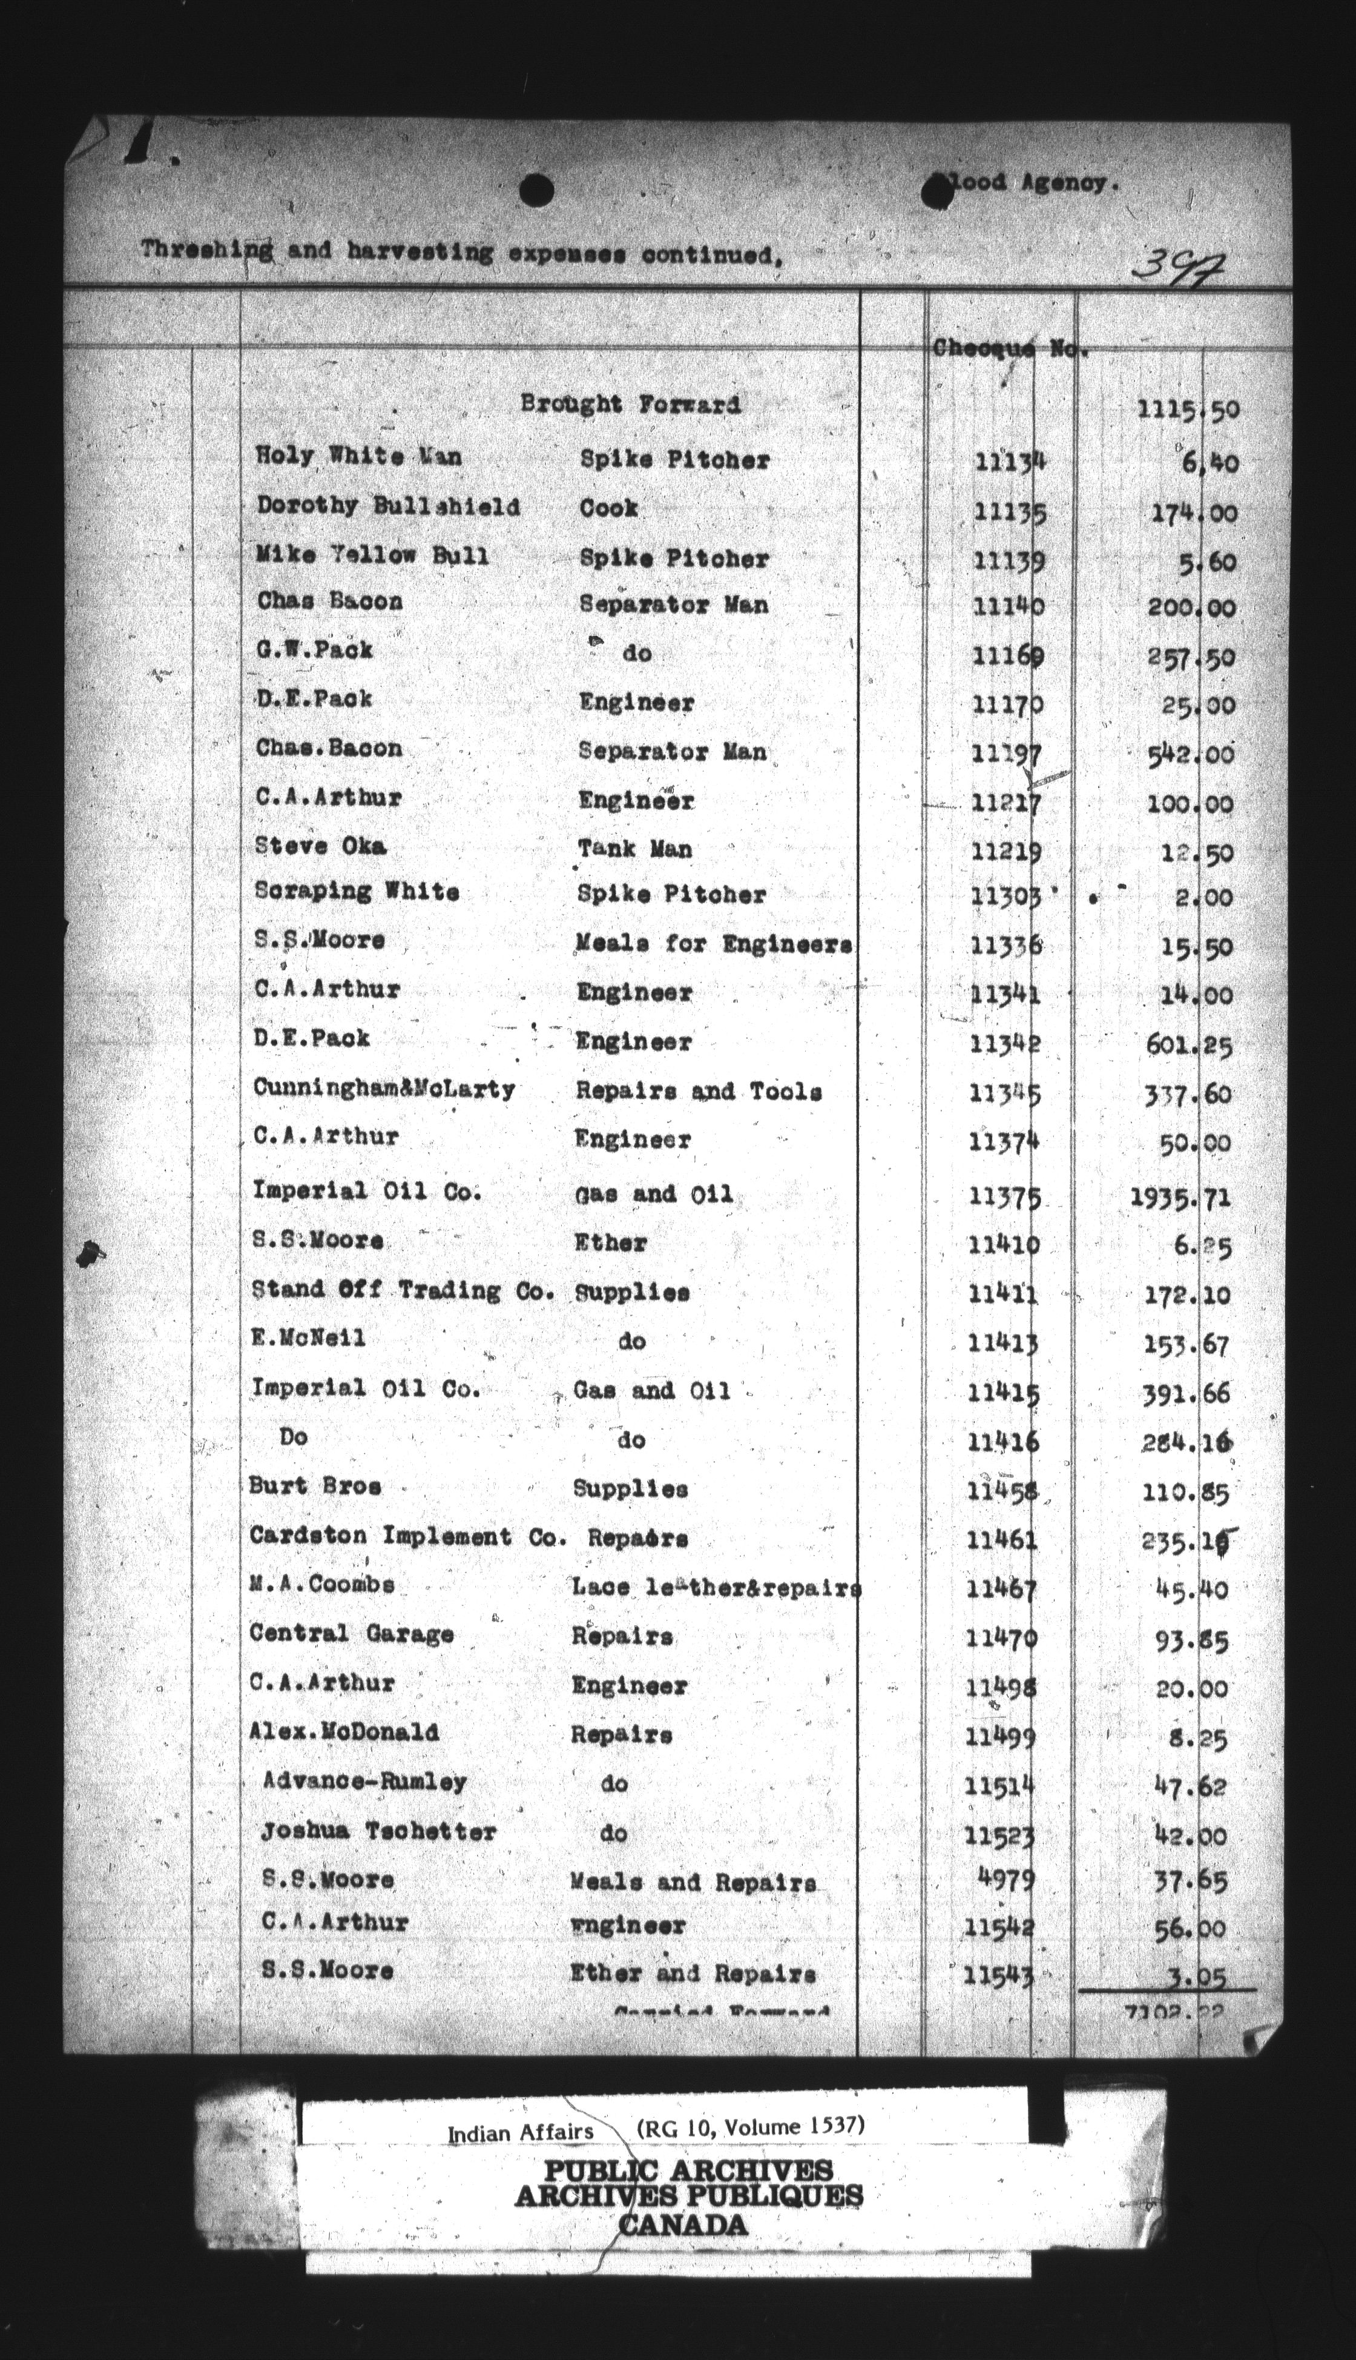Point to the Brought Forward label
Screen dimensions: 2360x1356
631,405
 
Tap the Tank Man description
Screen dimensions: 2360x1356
634,849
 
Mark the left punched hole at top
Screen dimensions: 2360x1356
538,191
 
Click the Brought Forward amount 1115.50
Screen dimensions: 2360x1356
1188,409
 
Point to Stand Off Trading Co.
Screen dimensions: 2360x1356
403,1290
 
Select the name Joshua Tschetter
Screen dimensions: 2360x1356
378,1831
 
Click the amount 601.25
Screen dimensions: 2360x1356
1188,1044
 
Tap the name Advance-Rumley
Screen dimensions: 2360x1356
365,1782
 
